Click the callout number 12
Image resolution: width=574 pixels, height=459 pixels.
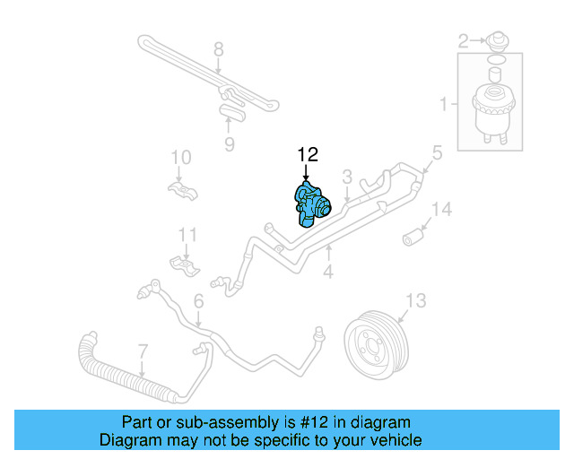(308, 156)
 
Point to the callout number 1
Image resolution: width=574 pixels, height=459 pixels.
(443, 106)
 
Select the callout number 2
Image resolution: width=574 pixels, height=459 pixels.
(464, 39)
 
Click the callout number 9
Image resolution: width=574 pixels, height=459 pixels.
(229, 144)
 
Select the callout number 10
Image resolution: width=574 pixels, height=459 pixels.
(181, 158)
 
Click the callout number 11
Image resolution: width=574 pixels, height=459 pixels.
(186, 235)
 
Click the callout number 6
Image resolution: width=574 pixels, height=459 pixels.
(198, 302)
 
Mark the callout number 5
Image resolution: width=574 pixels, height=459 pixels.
(437, 153)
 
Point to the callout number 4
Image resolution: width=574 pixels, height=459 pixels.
(329, 269)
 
